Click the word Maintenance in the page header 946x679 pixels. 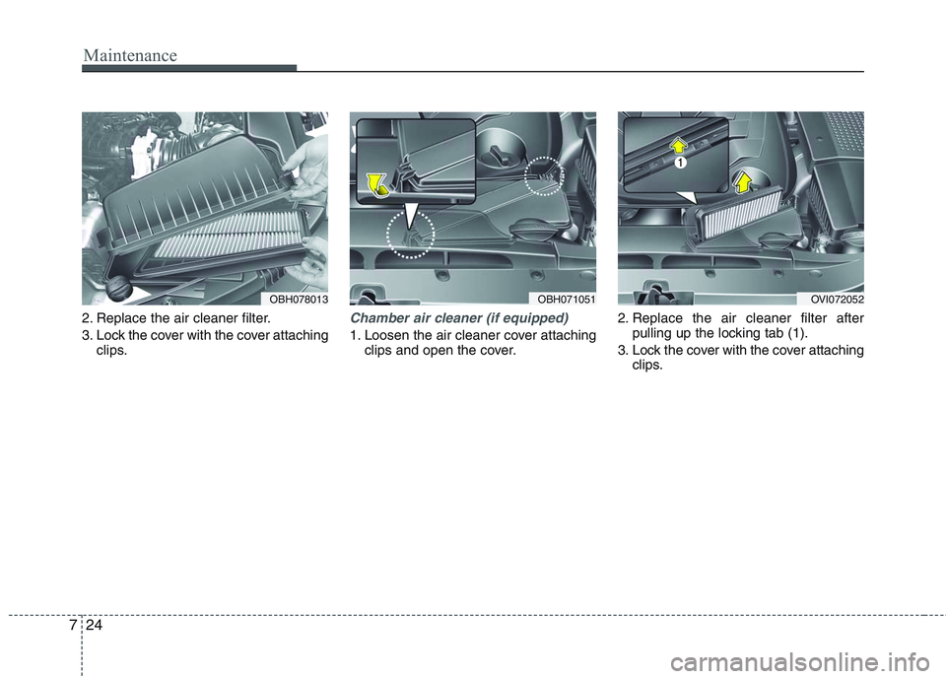coord(130,55)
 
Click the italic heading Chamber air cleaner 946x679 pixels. coord(459,318)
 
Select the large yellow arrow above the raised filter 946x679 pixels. coord(744,178)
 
